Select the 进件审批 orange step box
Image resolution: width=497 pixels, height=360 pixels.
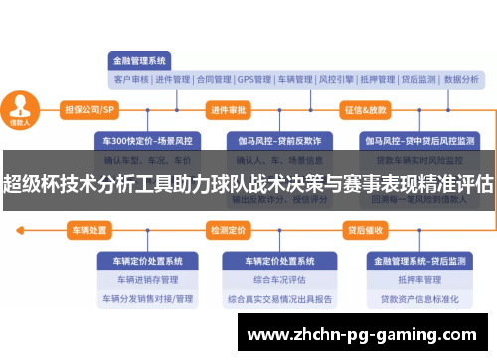point(229,109)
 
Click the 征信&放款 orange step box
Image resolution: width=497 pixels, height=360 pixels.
point(365,109)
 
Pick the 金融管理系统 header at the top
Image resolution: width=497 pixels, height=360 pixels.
point(140,59)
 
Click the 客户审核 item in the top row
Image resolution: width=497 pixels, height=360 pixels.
point(131,79)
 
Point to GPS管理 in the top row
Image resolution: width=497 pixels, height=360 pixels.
point(254,79)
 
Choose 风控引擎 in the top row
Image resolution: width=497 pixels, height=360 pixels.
point(339,79)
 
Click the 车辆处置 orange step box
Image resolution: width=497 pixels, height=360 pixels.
point(88,230)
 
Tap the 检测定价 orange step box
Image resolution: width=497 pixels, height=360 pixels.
point(228,230)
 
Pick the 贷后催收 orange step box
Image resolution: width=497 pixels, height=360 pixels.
point(364,230)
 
